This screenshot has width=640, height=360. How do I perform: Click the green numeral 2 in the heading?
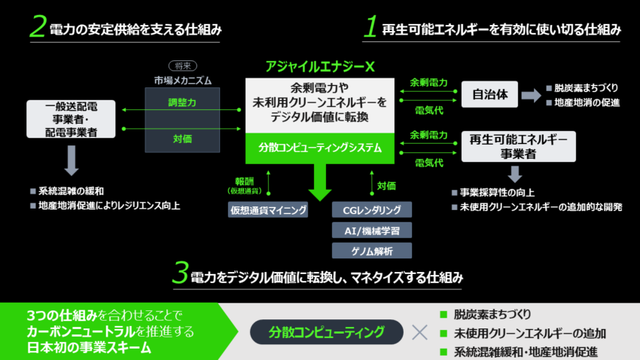coord(38,27)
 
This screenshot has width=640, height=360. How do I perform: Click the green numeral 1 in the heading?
coord(370,27)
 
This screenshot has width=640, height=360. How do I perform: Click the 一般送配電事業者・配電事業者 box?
coord(72,119)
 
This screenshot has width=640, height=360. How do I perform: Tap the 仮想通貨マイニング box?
coord(269,210)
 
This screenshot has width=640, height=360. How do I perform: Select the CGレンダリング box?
coord(372,210)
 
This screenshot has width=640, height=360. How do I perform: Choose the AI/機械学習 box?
coord(372,230)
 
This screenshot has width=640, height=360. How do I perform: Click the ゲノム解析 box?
coord(372,251)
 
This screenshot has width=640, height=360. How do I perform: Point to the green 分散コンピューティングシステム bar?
coord(321,148)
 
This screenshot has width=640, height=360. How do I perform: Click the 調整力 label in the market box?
coord(182,101)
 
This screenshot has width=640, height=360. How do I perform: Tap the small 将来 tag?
coord(182,66)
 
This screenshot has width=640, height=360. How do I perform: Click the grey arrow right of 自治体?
coord(532,95)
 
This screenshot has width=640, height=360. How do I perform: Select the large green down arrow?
coord(321,182)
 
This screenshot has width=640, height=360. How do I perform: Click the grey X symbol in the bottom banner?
coord(419,331)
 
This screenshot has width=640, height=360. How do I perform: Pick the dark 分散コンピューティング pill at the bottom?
coord(327,331)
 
